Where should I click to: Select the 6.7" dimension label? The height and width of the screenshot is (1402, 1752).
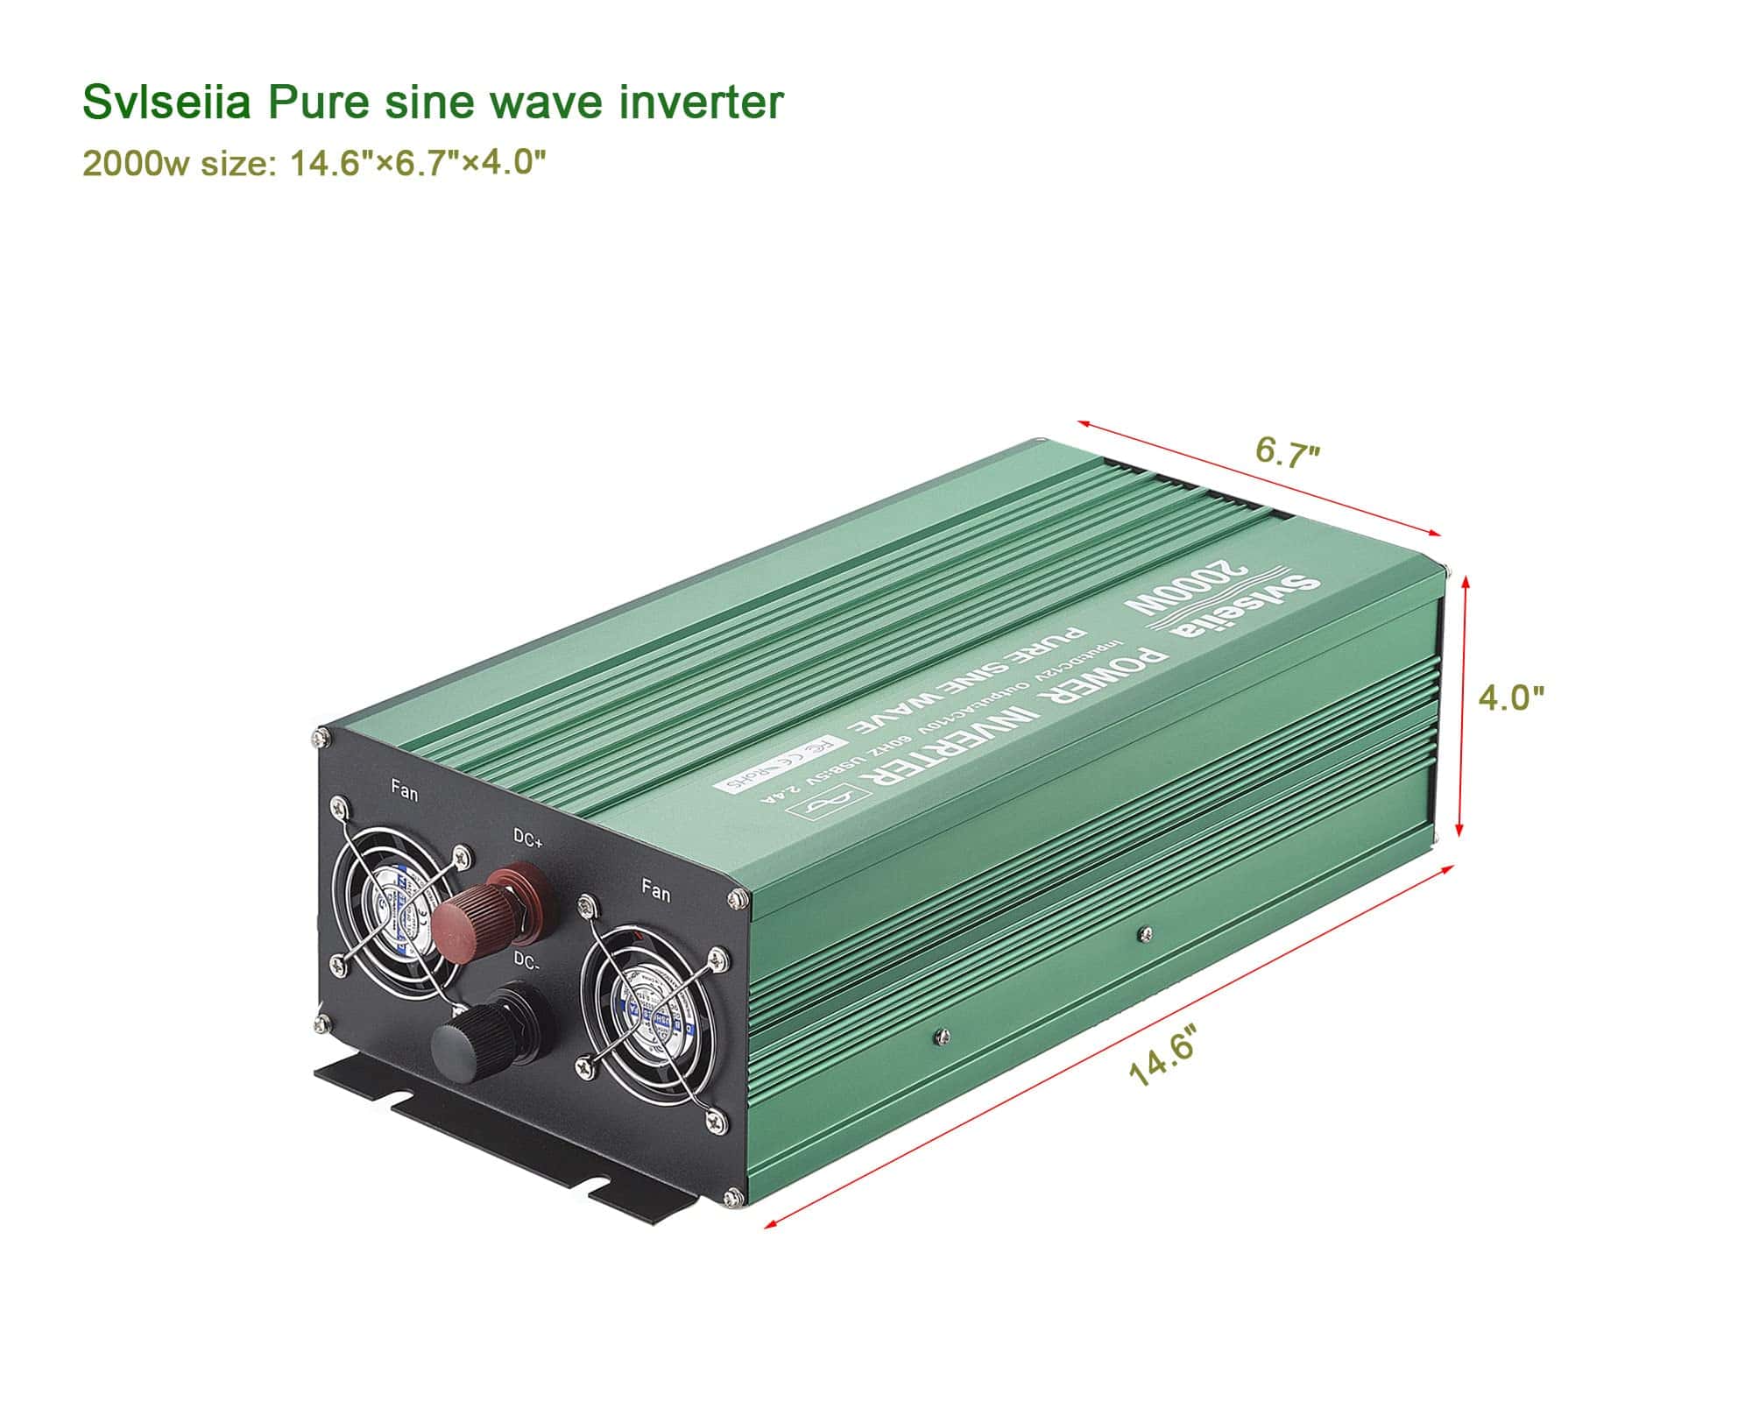pyautogui.click(x=1287, y=453)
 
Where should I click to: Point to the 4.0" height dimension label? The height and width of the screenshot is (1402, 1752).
pyautogui.click(x=1511, y=697)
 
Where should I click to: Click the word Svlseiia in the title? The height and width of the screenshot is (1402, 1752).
pyautogui.click(x=166, y=103)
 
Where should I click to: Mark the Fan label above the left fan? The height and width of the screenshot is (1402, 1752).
pyautogui.click(x=405, y=794)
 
